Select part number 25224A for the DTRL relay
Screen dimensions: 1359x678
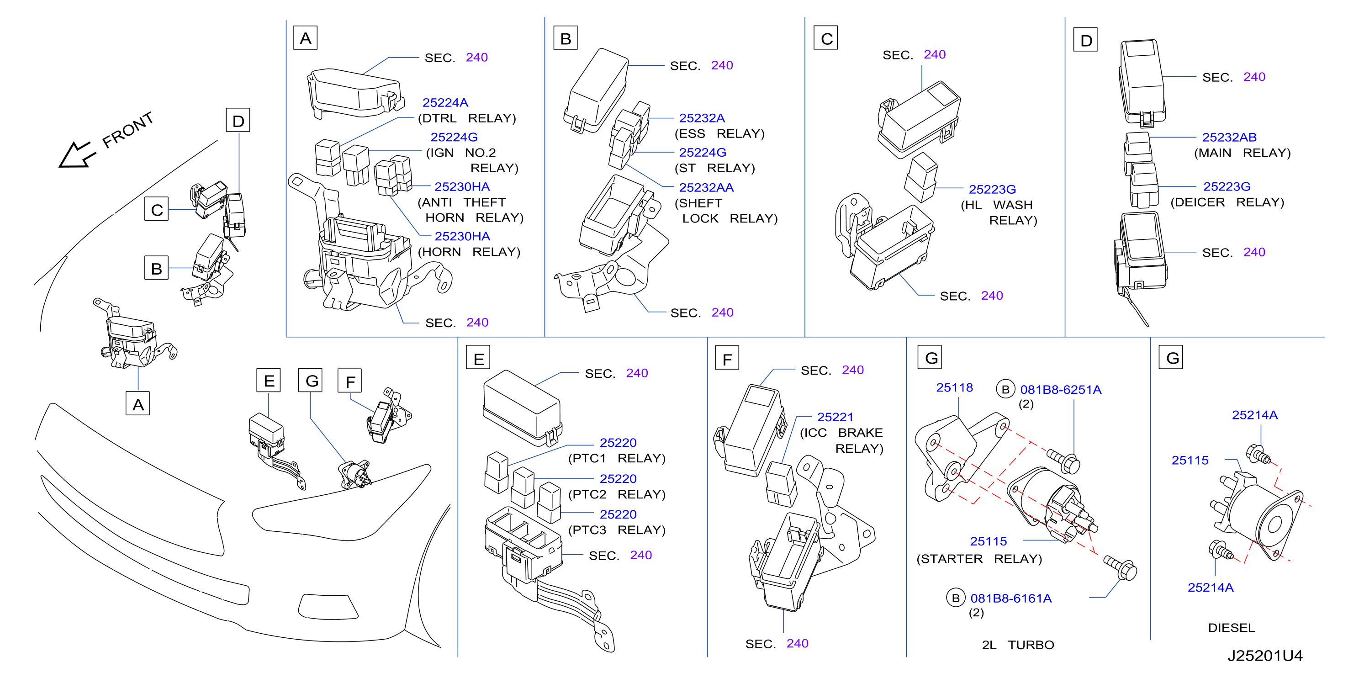445,103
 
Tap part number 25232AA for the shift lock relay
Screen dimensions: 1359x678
706,188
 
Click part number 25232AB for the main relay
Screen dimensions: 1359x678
1229,137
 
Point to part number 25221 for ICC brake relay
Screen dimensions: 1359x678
835,417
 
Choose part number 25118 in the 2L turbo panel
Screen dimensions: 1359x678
954,388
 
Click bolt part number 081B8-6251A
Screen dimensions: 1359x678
1060,390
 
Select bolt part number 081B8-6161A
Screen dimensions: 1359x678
1011,599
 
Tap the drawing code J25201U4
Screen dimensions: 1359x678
1264,656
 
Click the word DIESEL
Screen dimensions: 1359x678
1232,628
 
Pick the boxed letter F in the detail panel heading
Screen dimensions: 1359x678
727,358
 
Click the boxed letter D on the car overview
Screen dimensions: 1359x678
238,120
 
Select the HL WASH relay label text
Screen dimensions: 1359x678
999,212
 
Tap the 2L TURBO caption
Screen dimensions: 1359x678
1018,645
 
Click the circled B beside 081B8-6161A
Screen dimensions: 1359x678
956,599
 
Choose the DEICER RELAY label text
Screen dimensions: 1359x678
1227,202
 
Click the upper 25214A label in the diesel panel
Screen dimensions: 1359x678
1254,415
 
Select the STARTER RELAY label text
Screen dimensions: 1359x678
979,559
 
